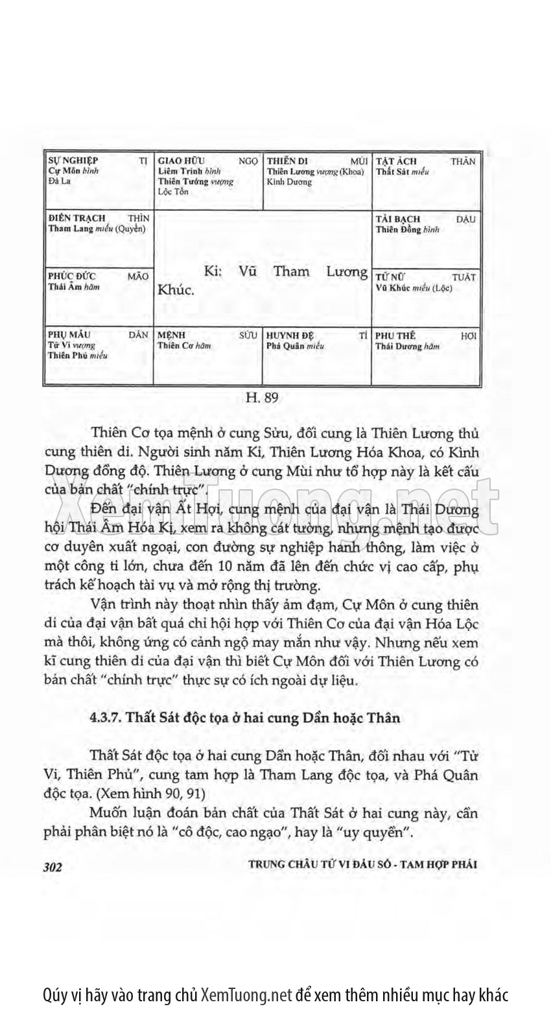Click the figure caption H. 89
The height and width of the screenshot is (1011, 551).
point(262,396)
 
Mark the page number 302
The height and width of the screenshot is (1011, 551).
point(51,868)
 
